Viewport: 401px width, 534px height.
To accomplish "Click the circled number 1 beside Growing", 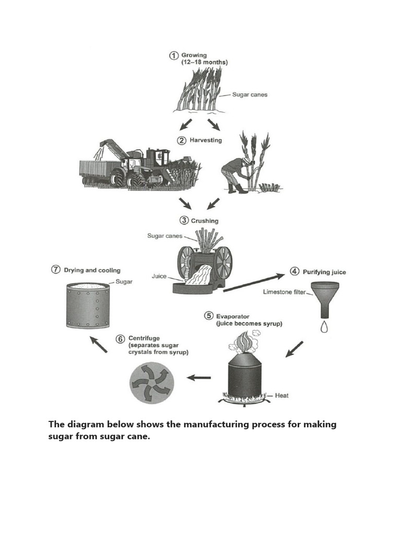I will (174, 55).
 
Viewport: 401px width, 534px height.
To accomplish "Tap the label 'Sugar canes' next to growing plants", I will (250, 95).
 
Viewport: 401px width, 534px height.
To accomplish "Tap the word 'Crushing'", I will (205, 221).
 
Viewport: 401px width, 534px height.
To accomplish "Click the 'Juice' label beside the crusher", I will (159, 276).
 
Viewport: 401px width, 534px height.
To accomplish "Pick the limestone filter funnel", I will (324, 297).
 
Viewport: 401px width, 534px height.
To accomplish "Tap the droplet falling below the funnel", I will (324, 327).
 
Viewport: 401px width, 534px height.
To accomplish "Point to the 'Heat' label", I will (281, 396).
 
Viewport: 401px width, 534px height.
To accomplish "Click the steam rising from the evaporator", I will (243, 345).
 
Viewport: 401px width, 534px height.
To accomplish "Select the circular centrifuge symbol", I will (150, 383).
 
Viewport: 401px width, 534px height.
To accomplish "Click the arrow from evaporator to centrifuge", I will (199, 378).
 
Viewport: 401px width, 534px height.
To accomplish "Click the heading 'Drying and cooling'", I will (92, 270).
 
